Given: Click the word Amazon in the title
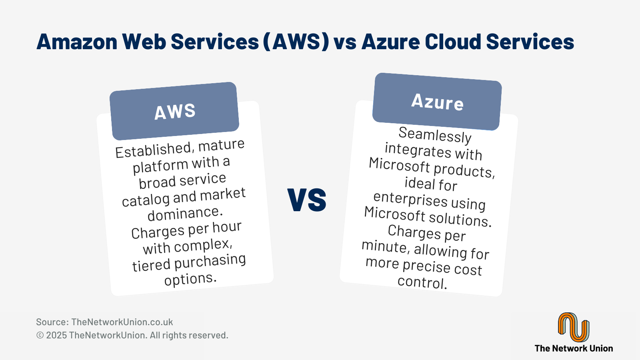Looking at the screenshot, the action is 77,42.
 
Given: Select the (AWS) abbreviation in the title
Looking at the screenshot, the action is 296,42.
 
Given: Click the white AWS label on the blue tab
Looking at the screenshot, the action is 175,111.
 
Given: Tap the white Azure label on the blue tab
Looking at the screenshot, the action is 437,102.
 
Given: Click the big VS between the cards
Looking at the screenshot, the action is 306,200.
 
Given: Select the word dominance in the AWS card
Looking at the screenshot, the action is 185,214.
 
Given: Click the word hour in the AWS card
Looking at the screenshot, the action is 227,227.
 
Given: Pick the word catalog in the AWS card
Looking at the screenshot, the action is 146,200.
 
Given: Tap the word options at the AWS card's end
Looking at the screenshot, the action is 190,278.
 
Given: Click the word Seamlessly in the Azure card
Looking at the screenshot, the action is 435,135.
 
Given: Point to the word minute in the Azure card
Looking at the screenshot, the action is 384,246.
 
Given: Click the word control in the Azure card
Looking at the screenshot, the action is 422,282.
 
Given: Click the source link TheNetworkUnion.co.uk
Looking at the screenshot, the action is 122,322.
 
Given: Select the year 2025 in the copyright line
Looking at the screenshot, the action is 56,335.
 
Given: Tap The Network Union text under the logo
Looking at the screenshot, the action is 574,348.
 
